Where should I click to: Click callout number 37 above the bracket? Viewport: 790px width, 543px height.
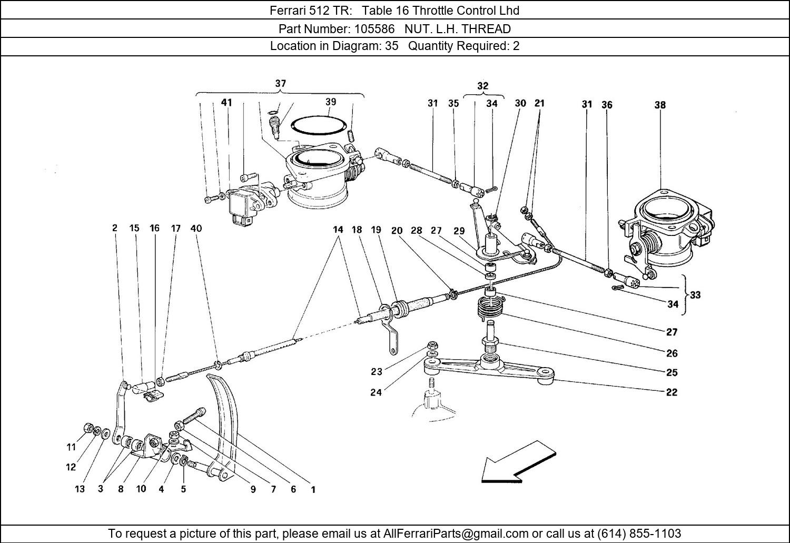click(280, 84)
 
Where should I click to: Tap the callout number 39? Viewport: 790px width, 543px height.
click(330, 102)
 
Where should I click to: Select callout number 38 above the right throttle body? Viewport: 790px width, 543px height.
click(660, 105)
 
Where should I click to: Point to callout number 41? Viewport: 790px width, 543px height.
click(226, 103)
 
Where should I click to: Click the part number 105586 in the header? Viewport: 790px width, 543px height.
click(374, 29)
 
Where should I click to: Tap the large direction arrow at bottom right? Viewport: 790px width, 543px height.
click(518, 462)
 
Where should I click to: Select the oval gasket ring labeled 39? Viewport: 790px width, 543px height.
click(318, 126)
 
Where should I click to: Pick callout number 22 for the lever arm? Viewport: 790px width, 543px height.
click(671, 392)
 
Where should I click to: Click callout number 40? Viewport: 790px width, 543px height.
click(196, 229)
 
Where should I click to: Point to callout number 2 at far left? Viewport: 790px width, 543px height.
click(115, 228)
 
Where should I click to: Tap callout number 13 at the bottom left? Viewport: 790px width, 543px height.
click(80, 489)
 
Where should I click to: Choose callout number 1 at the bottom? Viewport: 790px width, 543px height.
click(313, 489)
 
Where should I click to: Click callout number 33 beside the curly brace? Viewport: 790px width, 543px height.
click(695, 295)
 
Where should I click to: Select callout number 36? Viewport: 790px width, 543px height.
click(607, 105)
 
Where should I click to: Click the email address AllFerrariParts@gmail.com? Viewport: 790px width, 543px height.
click(456, 533)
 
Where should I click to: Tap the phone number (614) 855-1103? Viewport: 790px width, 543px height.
click(639, 533)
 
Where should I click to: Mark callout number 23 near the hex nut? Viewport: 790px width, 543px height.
click(377, 372)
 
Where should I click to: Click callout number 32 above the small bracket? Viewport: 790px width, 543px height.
click(483, 86)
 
